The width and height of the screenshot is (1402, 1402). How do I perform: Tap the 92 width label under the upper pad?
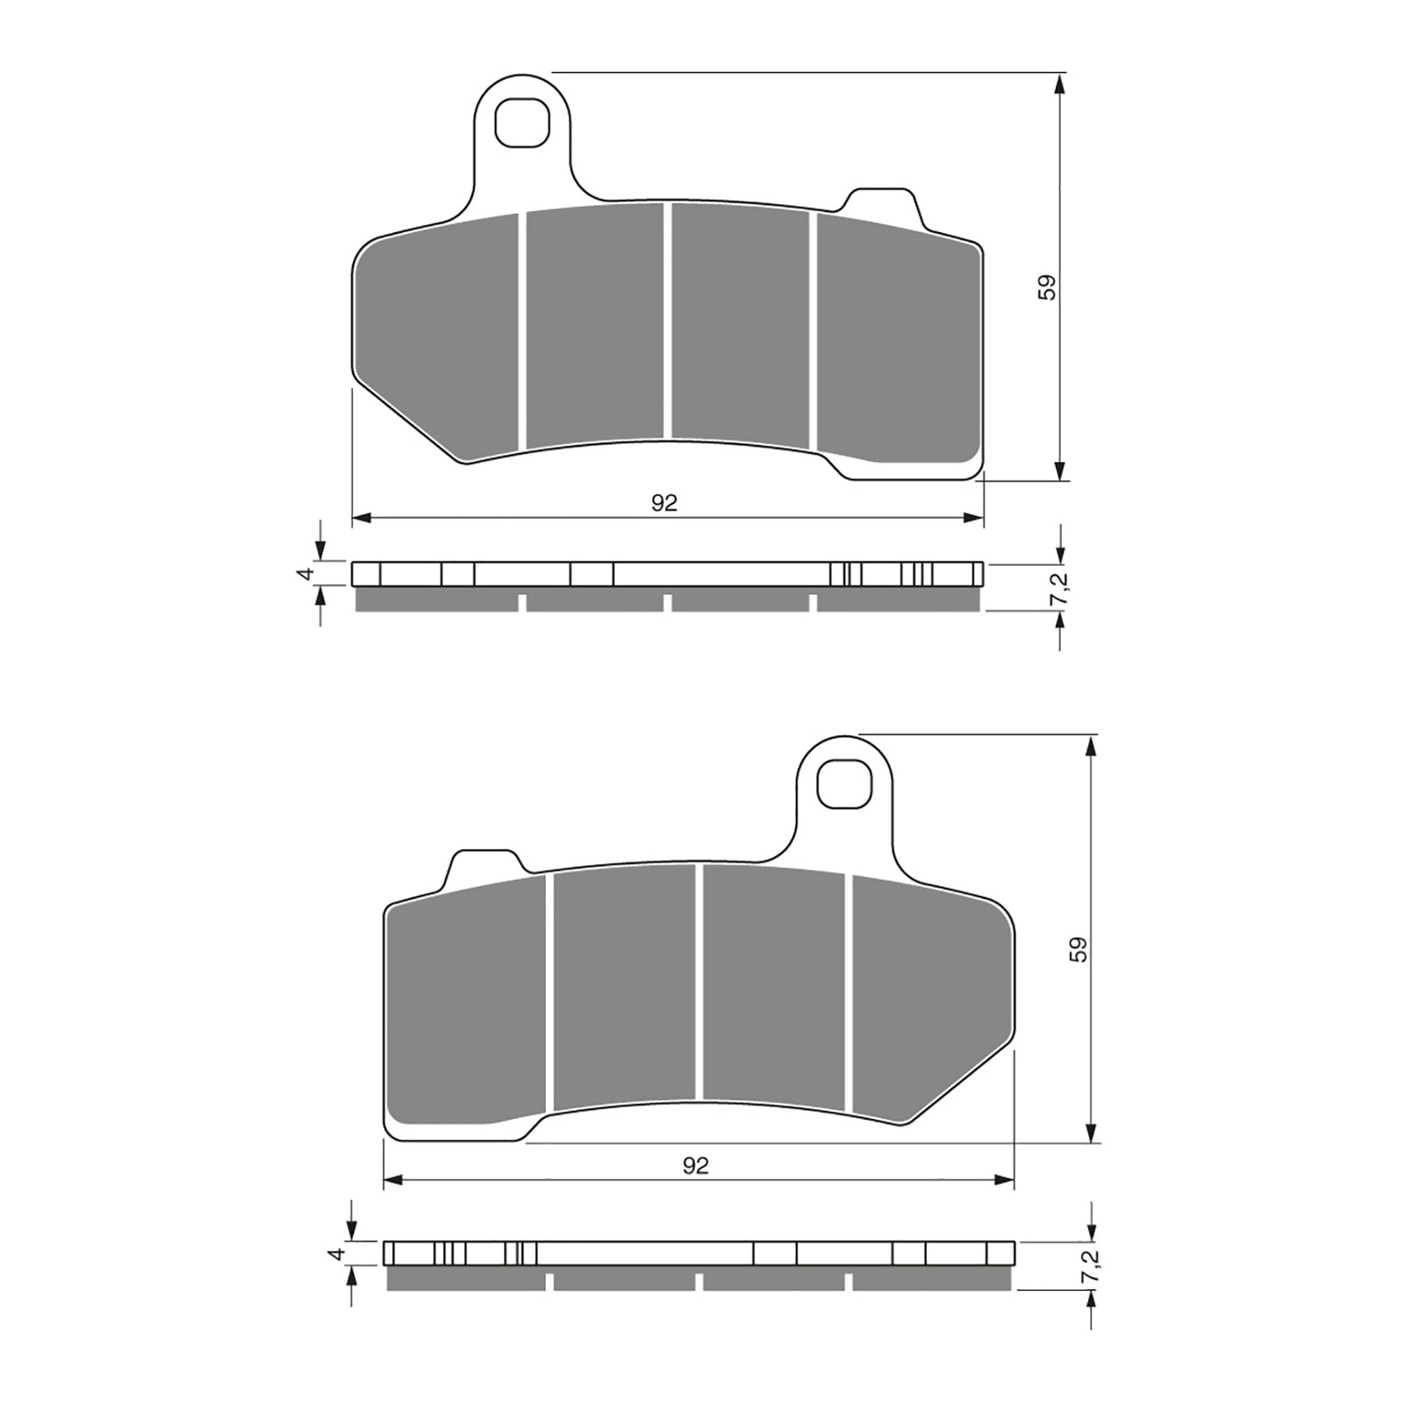point(664,503)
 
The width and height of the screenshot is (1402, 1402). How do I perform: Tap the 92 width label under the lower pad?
point(696,1165)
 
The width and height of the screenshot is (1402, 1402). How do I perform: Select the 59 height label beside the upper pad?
point(1047,287)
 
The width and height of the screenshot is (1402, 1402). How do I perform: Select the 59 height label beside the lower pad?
point(1079,950)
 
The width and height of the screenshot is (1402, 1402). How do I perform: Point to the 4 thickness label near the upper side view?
point(305,574)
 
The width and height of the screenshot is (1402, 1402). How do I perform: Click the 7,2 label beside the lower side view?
point(1090,1267)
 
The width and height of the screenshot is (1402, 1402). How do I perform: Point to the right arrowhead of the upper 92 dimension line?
point(974,518)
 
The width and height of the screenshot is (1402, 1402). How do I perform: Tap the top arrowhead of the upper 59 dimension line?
point(1060,84)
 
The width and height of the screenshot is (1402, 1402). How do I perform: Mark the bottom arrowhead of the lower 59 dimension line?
point(1092,1133)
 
